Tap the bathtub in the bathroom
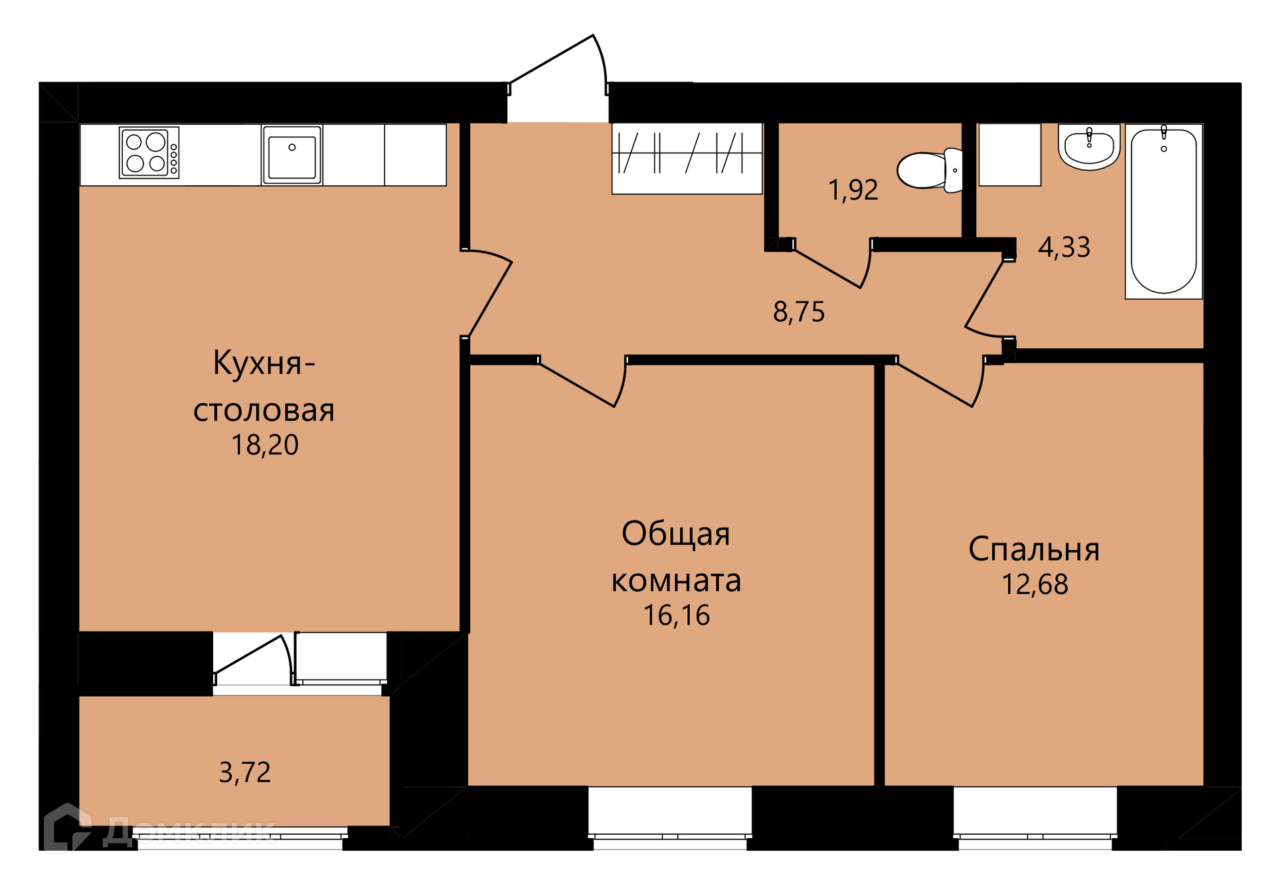tap(1163, 211)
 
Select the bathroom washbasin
tap(1089, 147)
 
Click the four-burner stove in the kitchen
tap(149, 153)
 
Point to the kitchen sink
tap(292, 154)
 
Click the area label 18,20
tap(265, 445)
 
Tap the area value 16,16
tap(677, 616)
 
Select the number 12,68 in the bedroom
tap(1035, 584)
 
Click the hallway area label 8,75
tap(799, 311)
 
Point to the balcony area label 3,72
tap(245, 772)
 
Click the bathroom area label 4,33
tap(1064, 247)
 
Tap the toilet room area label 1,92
tap(853, 190)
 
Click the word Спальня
tap(1034, 550)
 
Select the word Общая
tap(676, 535)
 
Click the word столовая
tap(264, 410)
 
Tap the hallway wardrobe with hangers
tap(687, 158)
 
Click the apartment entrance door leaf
tap(551, 59)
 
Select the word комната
tap(676, 581)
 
